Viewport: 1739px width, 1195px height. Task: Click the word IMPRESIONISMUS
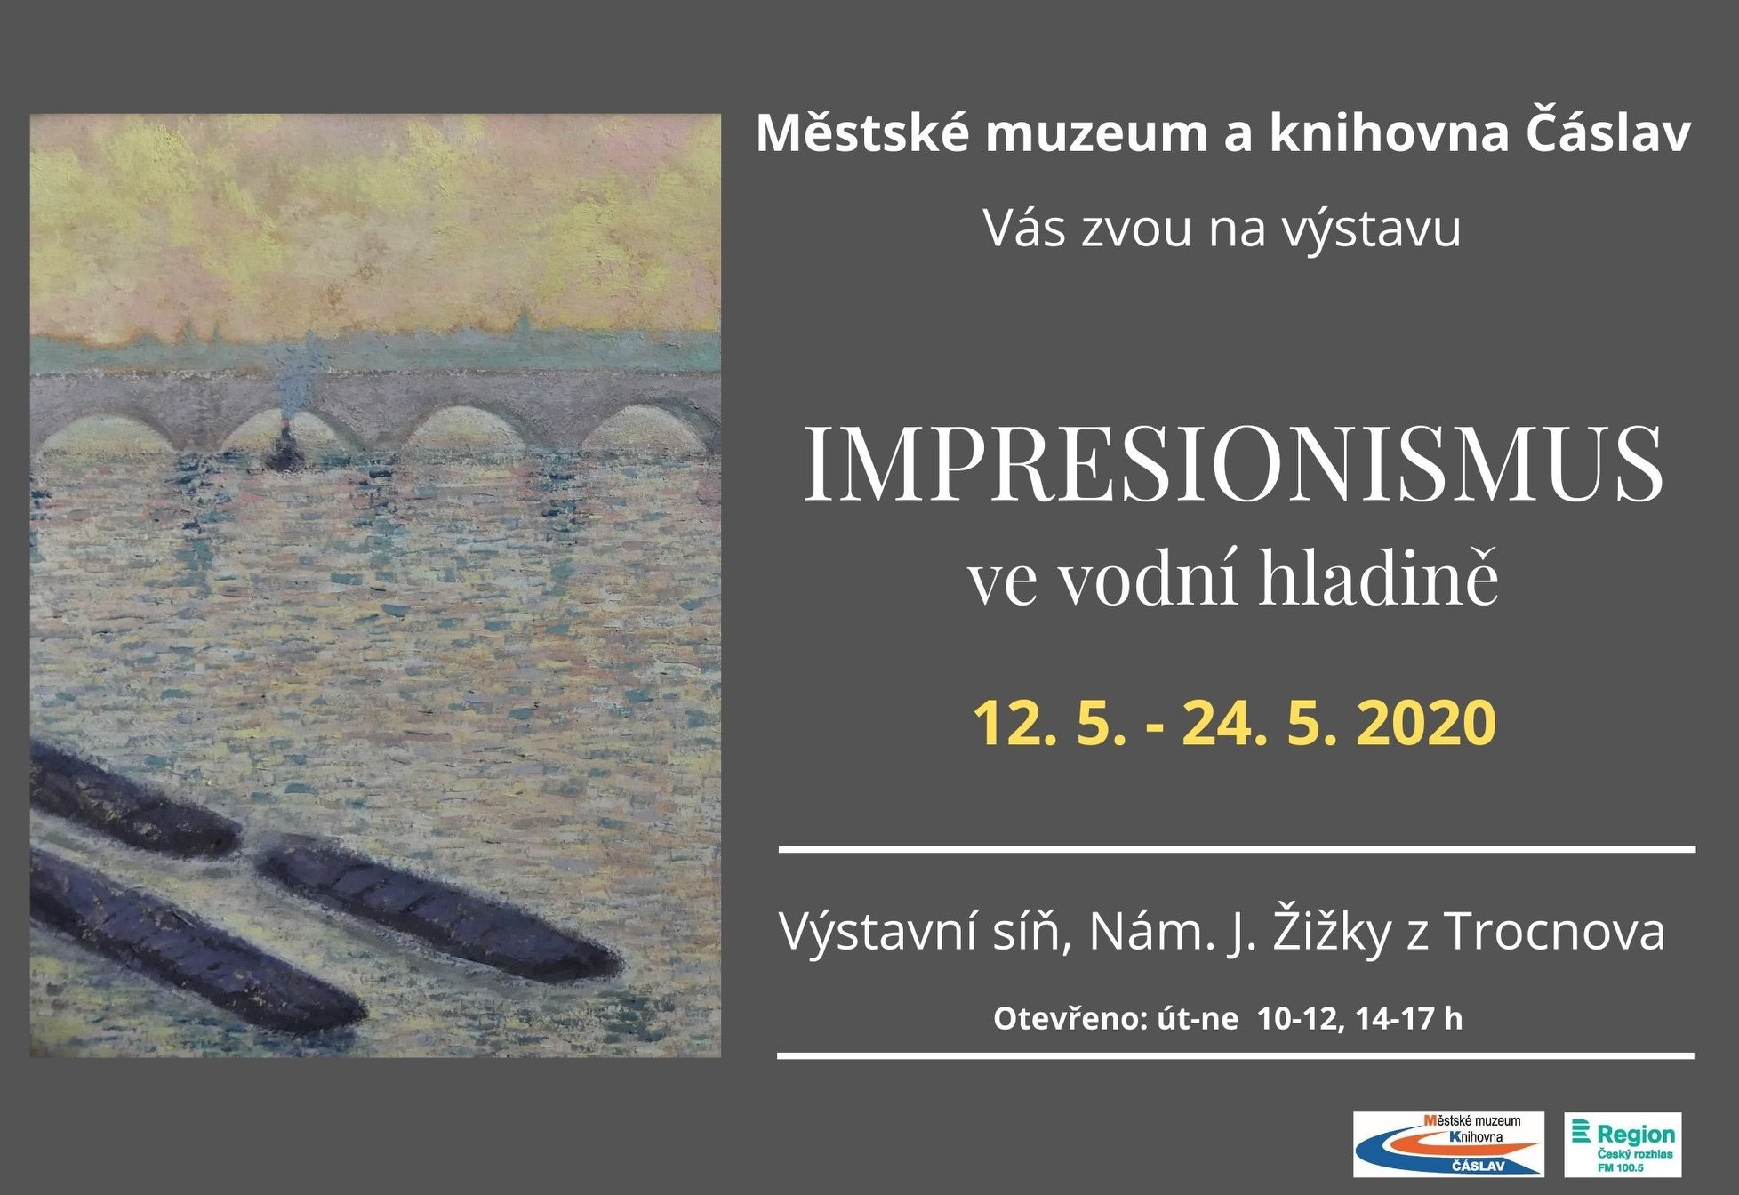coord(1233,464)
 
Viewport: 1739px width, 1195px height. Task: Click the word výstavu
coord(1371,229)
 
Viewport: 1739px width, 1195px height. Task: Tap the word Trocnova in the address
coord(1554,932)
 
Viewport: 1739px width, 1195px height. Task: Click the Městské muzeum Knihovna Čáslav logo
coord(1448,1144)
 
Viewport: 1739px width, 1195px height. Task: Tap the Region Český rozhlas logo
coord(1623,1144)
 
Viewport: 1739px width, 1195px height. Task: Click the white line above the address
coord(1237,850)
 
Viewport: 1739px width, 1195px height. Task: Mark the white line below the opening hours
coord(1236,1056)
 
